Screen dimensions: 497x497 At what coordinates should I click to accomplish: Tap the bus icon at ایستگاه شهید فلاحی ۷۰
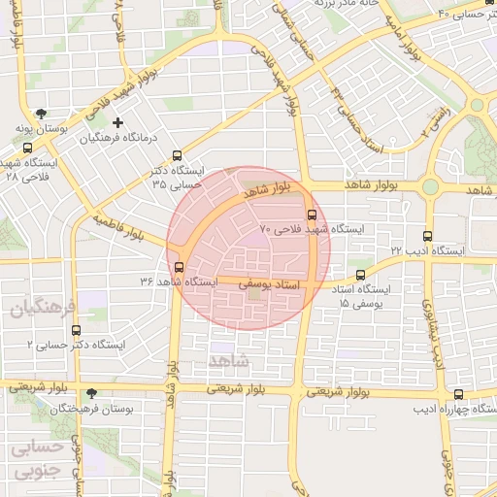click(312, 215)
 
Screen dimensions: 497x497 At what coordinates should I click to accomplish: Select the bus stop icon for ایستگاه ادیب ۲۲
click(428, 236)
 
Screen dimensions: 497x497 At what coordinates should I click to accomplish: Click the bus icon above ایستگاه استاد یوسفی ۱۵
click(361, 276)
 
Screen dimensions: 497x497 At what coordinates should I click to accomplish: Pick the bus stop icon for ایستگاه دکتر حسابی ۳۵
click(176, 155)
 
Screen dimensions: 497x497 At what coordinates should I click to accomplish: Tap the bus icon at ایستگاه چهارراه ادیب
click(458, 394)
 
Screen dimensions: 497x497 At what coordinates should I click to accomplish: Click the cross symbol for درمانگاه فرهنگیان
click(118, 123)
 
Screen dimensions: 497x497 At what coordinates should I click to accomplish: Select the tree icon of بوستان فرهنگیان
click(91, 394)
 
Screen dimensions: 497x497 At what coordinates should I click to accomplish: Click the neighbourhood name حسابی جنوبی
click(38, 460)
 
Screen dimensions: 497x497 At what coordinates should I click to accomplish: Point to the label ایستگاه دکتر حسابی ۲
click(79, 345)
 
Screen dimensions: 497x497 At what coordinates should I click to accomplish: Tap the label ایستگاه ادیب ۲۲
click(429, 250)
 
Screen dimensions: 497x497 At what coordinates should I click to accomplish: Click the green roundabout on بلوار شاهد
click(429, 186)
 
